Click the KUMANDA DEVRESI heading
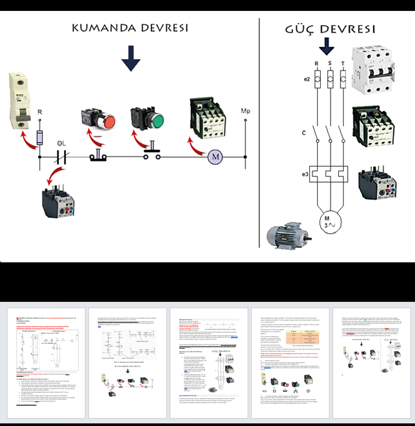point(130,28)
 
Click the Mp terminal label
point(245,112)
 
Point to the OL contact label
point(62,143)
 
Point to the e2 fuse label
point(306,79)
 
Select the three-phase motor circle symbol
point(328,221)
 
